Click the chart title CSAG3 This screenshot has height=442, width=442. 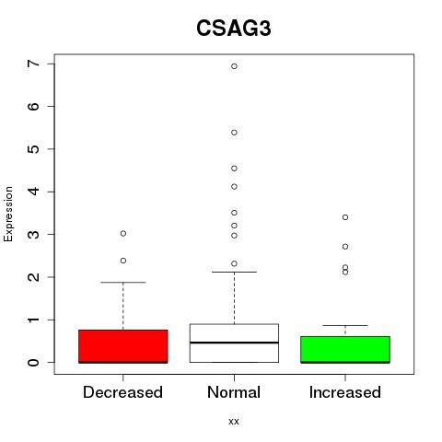point(234,29)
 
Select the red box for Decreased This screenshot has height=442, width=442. point(123,346)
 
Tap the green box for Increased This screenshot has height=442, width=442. point(345,350)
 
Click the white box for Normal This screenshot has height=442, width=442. point(234,343)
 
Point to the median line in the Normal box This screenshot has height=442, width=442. point(234,343)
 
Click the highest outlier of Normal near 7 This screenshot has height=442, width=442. point(234,66)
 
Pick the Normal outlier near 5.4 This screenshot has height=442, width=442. point(234,133)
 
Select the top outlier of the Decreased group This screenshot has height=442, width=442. point(123,234)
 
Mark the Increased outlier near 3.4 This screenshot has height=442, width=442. point(345,217)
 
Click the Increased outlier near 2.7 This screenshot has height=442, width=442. point(345,247)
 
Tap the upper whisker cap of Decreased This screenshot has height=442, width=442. point(123,282)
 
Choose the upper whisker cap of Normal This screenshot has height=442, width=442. point(234,272)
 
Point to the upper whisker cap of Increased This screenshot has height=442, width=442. point(345,325)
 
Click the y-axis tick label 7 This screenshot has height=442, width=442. point(33,64)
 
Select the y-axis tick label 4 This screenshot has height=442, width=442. point(33,192)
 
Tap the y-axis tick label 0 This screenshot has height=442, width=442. point(33,363)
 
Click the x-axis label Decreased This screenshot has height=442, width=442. point(122,392)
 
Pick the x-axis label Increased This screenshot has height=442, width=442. point(345,392)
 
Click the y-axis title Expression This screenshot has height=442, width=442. point(8,214)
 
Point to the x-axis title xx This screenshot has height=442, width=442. point(234,421)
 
